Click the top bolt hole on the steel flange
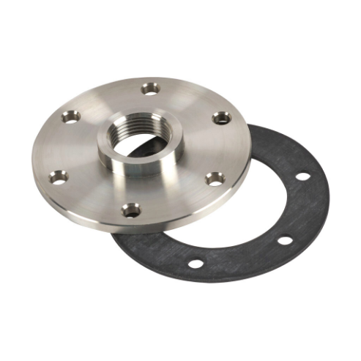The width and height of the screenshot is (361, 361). click(149, 89)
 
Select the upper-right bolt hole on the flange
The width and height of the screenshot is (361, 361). click(221, 117)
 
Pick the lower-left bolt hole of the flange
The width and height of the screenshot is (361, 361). click(59, 176)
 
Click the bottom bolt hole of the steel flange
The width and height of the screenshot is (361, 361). click(131, 210)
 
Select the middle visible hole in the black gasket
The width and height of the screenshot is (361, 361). click(285, 241)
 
